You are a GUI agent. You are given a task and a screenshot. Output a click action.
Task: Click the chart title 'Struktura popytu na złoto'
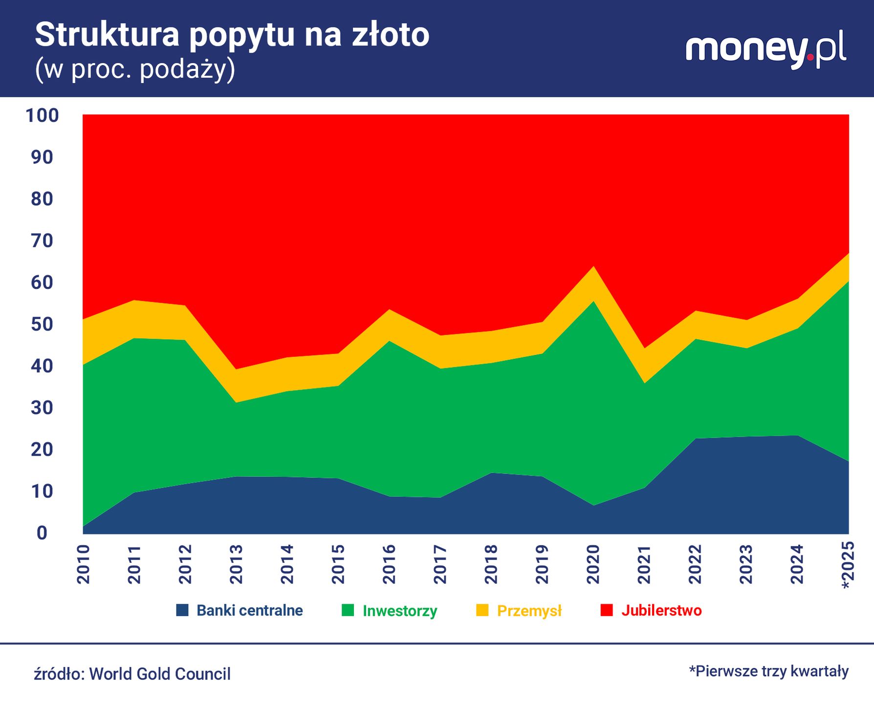232,35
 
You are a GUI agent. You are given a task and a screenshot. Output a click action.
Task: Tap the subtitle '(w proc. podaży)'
135,69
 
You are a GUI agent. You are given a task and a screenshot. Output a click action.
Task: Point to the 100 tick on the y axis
42,116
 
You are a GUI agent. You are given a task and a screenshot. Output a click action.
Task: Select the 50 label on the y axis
42,324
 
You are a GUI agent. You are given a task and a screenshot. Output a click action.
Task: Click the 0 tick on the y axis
42,533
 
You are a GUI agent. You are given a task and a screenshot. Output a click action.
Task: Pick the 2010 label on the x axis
84,564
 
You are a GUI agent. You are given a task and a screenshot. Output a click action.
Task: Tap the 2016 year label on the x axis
389,564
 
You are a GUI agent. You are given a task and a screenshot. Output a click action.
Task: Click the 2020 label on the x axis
593,564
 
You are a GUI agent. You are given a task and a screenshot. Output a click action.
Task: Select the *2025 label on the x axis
848,564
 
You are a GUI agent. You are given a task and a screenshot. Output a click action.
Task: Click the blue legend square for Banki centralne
182,610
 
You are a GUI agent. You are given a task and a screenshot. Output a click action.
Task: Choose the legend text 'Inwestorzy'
400,611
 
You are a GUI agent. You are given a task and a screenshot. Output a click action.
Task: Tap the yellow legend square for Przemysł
482,610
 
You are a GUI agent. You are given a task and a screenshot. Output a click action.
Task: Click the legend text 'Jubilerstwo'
661,610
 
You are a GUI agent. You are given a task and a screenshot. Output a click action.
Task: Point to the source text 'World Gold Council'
159,674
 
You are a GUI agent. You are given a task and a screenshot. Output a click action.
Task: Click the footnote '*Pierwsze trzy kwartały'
768,671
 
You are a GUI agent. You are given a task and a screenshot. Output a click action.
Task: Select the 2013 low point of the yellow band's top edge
236,369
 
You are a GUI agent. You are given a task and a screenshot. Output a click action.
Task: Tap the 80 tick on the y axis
42,199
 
